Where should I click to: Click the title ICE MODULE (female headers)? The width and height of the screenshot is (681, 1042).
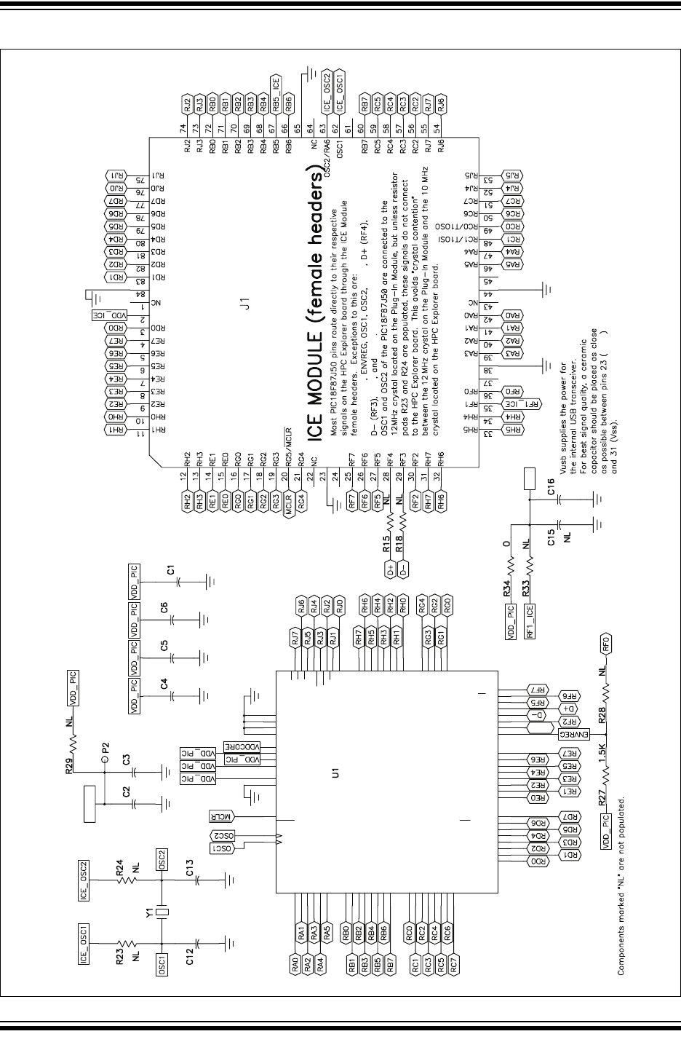click(314, 307)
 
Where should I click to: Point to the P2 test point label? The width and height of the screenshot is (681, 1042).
click(106, 748)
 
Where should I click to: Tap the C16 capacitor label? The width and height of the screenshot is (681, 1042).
click(551, 493)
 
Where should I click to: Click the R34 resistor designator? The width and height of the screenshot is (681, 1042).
click(506, 582)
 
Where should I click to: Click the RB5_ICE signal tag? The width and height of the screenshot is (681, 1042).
click(276, 92)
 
